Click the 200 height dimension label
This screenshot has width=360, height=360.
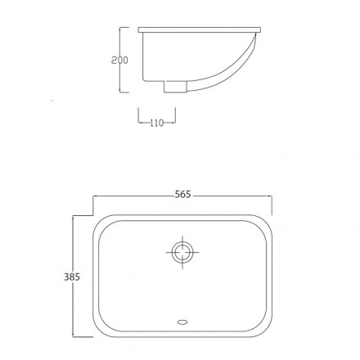coord(119,60)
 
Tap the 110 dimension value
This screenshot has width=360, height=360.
coord(157,123)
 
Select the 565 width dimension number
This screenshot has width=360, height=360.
coord(182,195)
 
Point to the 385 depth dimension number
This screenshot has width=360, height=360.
coord(72,277)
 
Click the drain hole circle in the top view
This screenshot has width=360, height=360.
coord(182,252)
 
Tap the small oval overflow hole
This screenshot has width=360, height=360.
coord(182,322)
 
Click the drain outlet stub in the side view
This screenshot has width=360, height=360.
coord(175,87)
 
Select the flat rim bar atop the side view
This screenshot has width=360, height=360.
coord(200,29)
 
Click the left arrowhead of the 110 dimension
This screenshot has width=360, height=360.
coord(140,123)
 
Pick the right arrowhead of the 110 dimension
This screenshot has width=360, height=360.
coord(173,123)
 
